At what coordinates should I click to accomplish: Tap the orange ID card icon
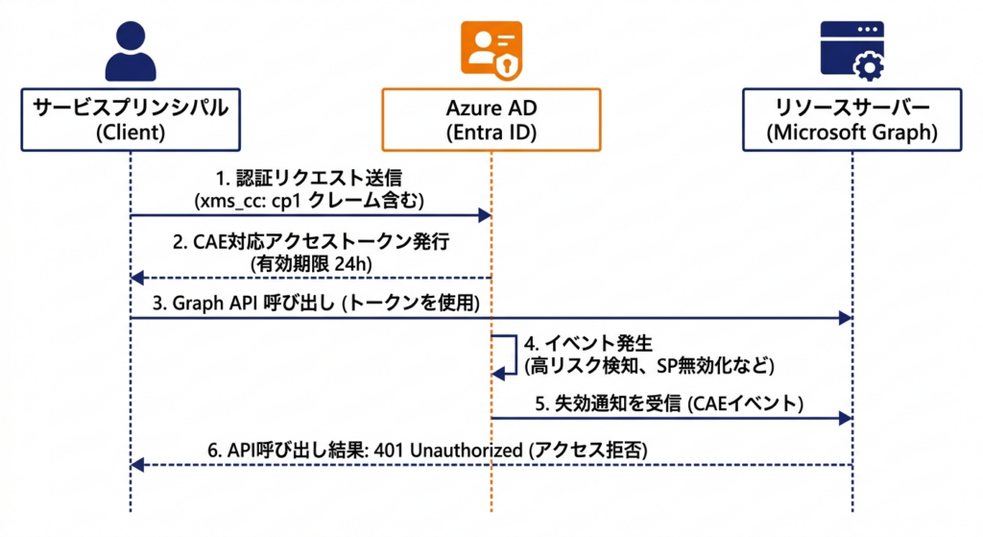click(x=491, y=51)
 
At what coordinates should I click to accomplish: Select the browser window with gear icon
click(x=852, y=51)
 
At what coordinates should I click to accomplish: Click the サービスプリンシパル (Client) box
click(x=131, y=120)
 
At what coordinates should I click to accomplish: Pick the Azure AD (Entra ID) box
click(x=491, y=120)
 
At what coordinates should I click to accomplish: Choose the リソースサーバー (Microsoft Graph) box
click(x=852, y=120)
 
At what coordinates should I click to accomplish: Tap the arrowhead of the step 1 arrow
click(x=485, y=216)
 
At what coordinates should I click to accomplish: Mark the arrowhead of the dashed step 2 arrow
click(x=137, y=278)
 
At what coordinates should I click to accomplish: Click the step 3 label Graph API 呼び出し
click(x=244, y=303)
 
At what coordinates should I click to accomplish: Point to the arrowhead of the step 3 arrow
click(x=845, y=318)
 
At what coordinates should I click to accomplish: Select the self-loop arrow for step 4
click(x=515, y=355)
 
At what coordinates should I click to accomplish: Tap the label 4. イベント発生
click(x=588, y=344)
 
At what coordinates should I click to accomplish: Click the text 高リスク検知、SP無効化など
click(x=650, y=366)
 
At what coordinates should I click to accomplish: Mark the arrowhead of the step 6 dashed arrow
click(x=137, y=465)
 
